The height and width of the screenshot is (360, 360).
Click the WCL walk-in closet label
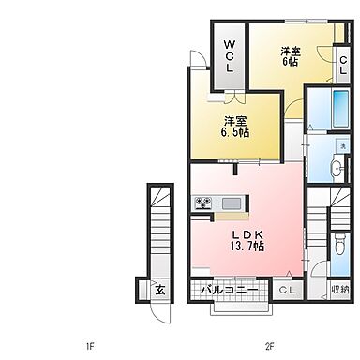[x=230, y=56]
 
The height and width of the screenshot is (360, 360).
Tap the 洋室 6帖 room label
[x=291, y=56]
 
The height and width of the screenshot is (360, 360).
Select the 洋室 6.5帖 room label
[x=235, y=127]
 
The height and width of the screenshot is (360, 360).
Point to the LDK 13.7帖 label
[x=247, y=241]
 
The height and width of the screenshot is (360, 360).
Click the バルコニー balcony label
[x=230, y=290]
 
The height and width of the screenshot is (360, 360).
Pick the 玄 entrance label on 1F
[x=160, y=291]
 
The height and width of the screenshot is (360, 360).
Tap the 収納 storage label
[x=340, y=290]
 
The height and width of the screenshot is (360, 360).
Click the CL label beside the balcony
[x=287, y=291]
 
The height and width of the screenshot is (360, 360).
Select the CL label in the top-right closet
[x=343, y=65]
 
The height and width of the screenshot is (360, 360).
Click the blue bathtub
[x=340, y=109]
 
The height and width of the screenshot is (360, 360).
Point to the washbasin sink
[x=337, y=169]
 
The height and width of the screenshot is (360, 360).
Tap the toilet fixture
[x=339, y=246]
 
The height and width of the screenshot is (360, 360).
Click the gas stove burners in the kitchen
[x=203, y=202]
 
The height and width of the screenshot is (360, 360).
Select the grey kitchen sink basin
[x=232, y=204]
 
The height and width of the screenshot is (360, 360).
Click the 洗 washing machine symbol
[x=343, y=146]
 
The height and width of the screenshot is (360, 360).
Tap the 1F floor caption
[x=90, y=346]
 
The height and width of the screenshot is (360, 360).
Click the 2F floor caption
[x=269, y=346]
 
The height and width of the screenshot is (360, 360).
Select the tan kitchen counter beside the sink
[x=232, y=217]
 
